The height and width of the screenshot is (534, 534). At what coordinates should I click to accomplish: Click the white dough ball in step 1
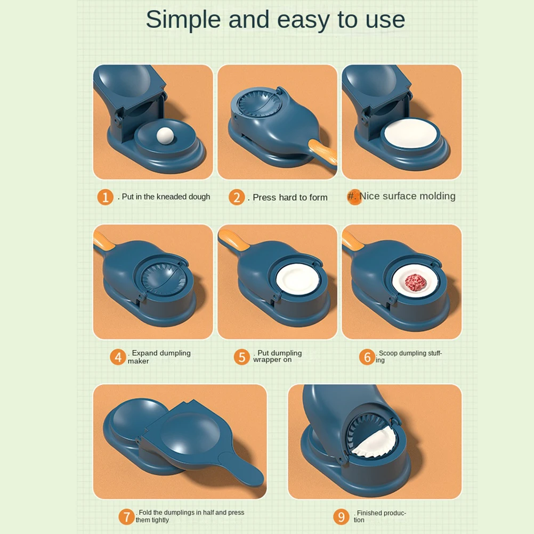point(165,136)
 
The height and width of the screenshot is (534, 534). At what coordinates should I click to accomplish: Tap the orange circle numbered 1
point(105,197)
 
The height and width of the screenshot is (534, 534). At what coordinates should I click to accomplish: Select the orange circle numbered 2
point(237,197)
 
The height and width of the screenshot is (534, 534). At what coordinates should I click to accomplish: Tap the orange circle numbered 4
point(118,357)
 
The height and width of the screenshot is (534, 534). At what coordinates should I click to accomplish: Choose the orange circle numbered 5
point(242,357)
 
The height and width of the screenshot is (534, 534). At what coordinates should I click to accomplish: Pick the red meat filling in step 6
point(416,282)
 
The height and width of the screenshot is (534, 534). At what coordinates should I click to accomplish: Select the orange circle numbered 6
point(367,357)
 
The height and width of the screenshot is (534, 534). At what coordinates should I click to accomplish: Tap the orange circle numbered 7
point(126,516)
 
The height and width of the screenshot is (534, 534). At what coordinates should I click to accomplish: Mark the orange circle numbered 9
point(341,516)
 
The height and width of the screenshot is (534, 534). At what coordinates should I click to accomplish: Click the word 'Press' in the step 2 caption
point(264,198)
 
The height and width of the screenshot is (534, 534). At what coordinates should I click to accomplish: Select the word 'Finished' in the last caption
point(369,513)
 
